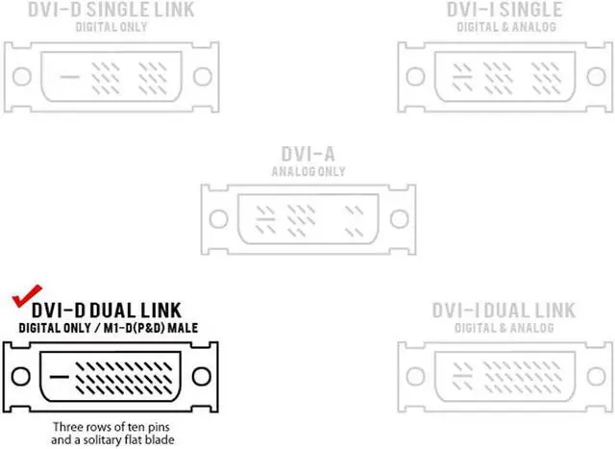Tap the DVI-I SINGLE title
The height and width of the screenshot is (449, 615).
coord(504,11)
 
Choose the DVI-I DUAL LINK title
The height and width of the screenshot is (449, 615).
coord(504,311)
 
